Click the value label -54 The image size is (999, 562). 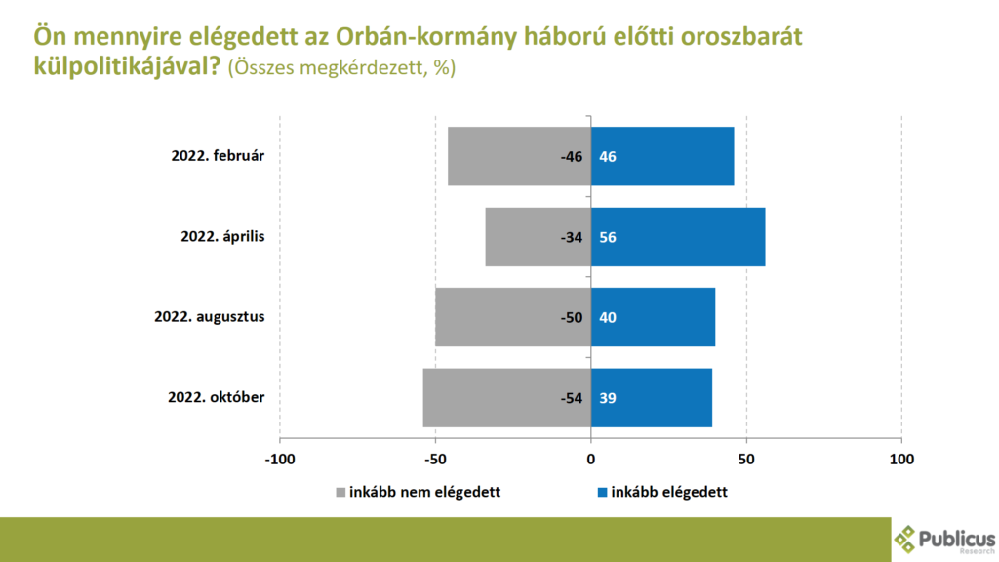[570, 397]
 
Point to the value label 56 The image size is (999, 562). [608, 237]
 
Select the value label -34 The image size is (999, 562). [570, 237]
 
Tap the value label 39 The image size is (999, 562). [608, 397]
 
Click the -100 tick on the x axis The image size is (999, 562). [280, 458]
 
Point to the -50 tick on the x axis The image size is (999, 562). [435, 458]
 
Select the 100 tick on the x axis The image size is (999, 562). [901, 458]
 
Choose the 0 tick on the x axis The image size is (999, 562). [590, 458]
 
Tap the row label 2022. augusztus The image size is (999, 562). [210, 317]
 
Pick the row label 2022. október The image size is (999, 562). [217, 397]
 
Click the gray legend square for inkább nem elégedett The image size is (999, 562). [340, 492]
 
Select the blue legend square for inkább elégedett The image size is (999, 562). [601, 492]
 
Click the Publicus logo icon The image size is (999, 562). [905, 538]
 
